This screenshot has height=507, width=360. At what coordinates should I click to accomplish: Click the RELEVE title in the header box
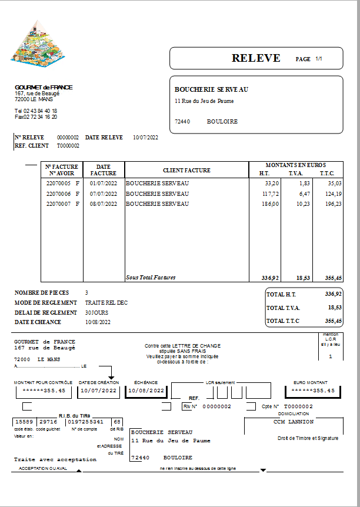(x=256, y=58)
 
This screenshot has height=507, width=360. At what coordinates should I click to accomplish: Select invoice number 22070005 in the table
(x=59, y=184)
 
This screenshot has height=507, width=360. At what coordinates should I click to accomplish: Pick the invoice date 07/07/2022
(x=104, y=194)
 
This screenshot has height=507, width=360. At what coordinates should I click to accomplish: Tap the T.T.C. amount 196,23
(x=330, y=204)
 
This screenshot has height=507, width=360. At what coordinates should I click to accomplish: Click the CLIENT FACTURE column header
(x=186, y=170)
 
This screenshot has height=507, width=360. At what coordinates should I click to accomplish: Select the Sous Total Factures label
(x=151, y=278)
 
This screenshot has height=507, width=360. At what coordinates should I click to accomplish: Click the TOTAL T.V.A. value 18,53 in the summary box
(x=334, y=307)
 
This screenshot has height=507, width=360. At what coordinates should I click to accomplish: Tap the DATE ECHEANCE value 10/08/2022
(x=98, y=322)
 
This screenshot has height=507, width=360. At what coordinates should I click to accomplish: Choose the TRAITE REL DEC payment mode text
(x=106, y=303)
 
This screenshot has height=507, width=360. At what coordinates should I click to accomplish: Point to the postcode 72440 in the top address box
(x=182, y=122)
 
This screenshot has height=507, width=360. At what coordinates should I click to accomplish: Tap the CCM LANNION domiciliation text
(x=294, y=422)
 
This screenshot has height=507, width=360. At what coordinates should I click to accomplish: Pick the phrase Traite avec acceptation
(x=55, y=459)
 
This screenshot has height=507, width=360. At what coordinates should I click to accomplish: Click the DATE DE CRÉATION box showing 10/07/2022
(x=99, y=391)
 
